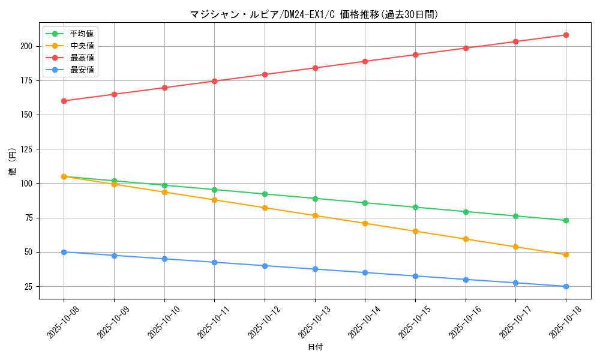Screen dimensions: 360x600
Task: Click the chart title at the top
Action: (314, 14)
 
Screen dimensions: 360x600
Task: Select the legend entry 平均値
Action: (82, 34)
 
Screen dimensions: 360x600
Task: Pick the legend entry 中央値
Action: (82, 46)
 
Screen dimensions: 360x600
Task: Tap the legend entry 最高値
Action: (82, 58)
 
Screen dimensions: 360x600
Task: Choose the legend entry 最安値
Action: (82, 70)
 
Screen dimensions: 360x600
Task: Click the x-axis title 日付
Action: (314, 347)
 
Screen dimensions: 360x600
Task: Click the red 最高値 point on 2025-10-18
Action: (566, 35)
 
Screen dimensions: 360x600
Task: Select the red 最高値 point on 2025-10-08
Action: (64, 101)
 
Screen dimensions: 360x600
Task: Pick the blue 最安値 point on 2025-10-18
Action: (566, 286)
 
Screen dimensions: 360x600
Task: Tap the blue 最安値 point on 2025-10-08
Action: (64, 252)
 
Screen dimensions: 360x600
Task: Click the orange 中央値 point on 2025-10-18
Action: (566, 254)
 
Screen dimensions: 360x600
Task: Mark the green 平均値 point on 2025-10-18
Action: (566, 220)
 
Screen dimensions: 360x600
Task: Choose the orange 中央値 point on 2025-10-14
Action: (365, 223)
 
